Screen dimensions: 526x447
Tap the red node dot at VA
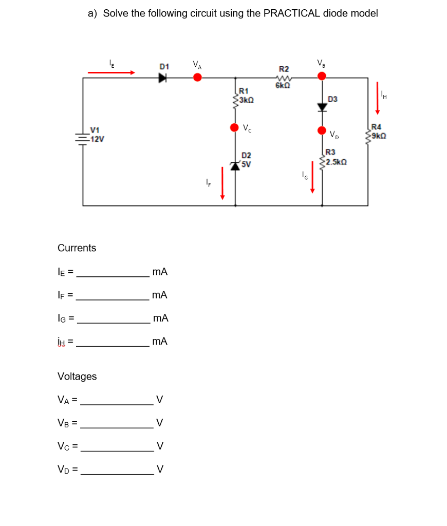[197, 78]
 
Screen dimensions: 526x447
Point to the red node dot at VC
[235, 127]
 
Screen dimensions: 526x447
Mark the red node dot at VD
[322, 130]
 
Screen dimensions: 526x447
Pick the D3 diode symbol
[322, 107]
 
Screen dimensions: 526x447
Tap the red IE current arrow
[111, 73]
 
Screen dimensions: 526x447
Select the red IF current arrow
[222, 182]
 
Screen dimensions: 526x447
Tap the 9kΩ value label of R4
[378, 136]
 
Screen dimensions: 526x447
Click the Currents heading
[77, 248]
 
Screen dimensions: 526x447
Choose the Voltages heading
[77, 377]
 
